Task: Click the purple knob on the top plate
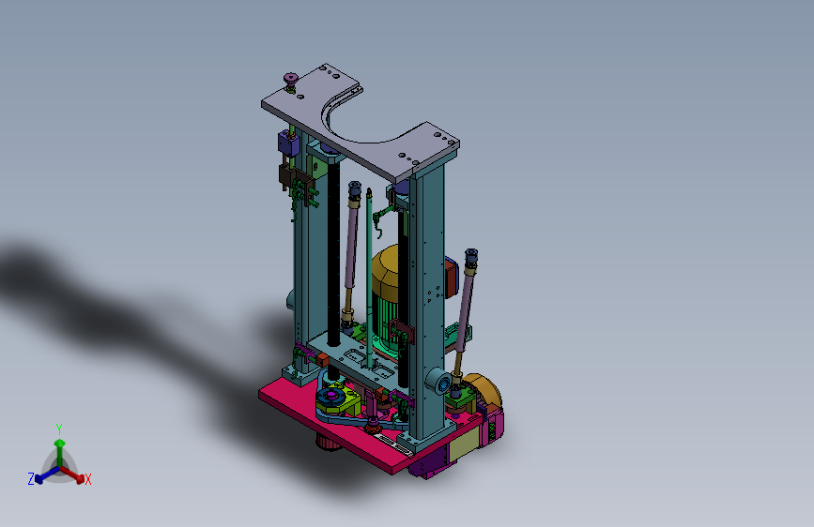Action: click(291, 81)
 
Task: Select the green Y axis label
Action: click(59, 429)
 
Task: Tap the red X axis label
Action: click(87, 479)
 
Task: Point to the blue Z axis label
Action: click(31, 479)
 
